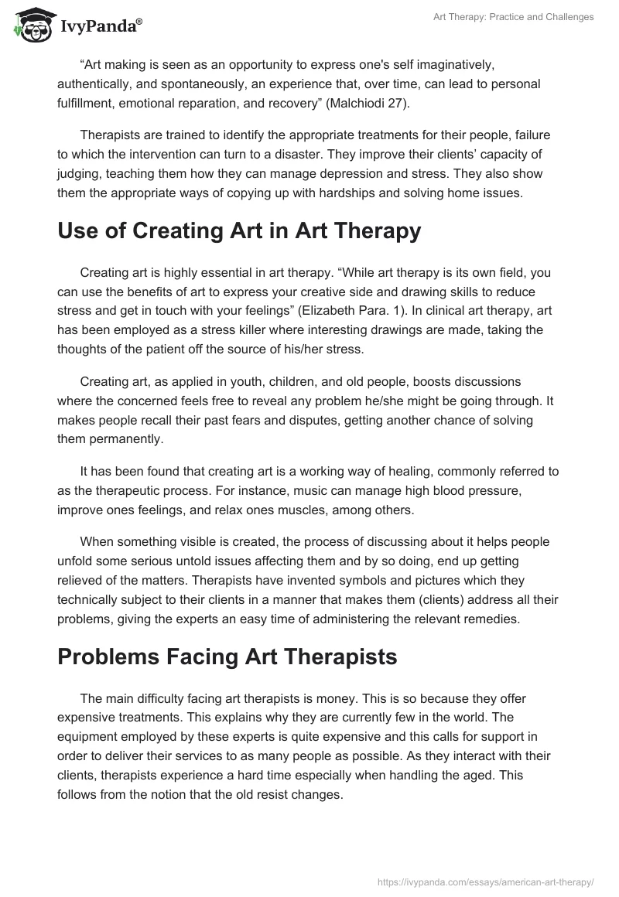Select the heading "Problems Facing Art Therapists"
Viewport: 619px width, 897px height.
227,657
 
